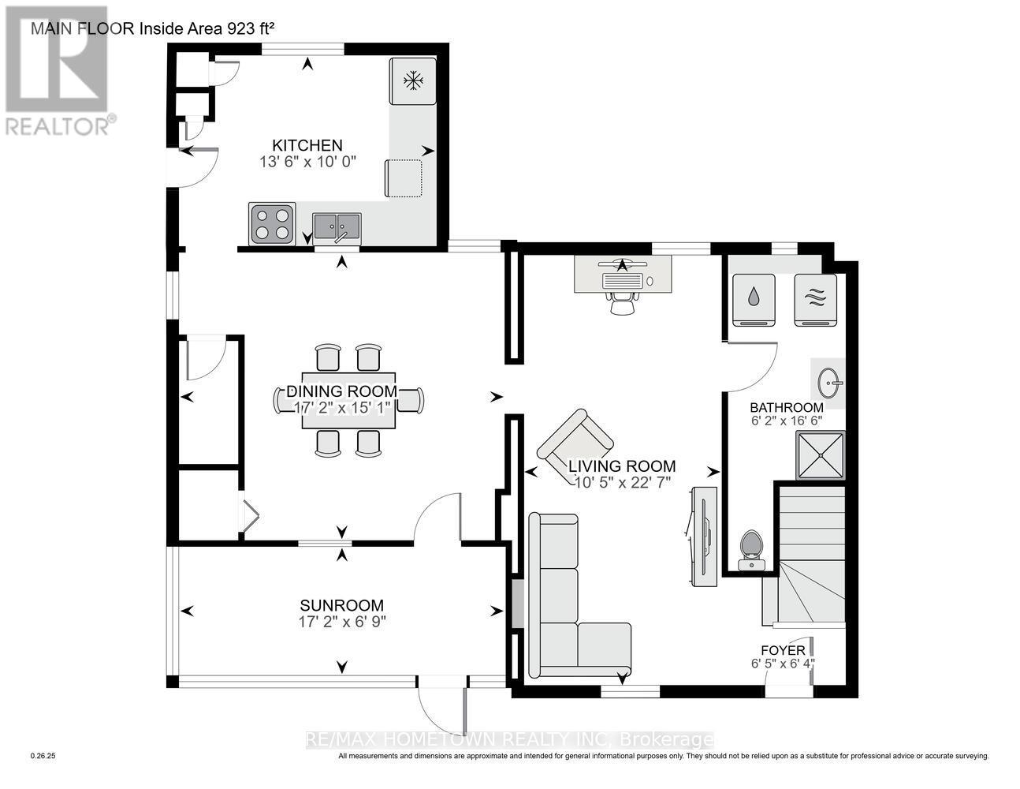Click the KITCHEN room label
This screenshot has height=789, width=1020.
[x=307, y=145]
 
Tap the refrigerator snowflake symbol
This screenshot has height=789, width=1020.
[x=411, y=80]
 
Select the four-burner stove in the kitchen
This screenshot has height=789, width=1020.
[x=272, y=222]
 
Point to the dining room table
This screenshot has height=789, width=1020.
[x=348, y=401]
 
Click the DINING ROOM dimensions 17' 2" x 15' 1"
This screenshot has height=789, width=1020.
[x=341, y=408]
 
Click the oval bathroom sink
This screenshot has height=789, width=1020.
[x=829, y=383]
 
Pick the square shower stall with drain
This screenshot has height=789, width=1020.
[x=821, y=455]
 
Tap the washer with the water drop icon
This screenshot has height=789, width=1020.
[x=754, y=298]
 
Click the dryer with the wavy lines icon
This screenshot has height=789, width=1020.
[x=815, y=298]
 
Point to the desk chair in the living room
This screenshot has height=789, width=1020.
[x=623, y=302]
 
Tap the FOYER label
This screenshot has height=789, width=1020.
[x=783, y=650]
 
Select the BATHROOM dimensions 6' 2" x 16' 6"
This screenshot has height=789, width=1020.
[x=786, y=421]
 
